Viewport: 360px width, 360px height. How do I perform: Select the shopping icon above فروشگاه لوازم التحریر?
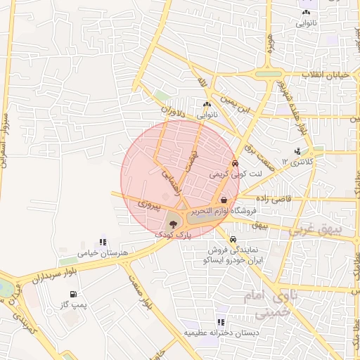click(x=224, y=199)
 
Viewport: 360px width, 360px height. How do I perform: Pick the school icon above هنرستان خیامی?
click(x=103, y=242)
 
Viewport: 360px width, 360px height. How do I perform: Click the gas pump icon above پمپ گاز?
click(x=72, y=293)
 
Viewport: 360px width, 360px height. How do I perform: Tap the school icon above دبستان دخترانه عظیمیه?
click(x=221, y=322)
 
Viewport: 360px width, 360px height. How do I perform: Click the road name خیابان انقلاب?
click(x=330, y=75)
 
